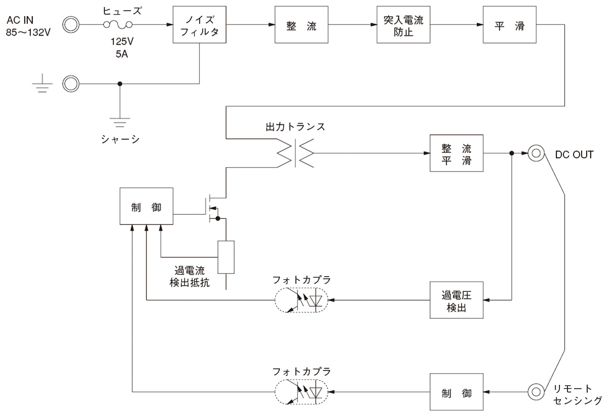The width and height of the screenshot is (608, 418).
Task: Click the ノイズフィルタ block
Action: [x=199, y=25]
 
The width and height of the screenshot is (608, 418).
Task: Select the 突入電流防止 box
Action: [x=403, y=25]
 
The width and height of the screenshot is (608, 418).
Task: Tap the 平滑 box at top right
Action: [x=508, y=25]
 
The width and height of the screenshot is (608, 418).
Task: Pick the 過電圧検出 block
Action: [x=456, y=299]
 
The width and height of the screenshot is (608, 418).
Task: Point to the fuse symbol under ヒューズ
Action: [x=118, y=24]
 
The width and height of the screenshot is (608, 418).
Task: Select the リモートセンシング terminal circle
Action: [x=536, y=392]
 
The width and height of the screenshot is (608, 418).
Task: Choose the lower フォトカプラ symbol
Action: [x=301, y=392]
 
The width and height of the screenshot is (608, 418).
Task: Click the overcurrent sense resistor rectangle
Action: [x=226, y=257]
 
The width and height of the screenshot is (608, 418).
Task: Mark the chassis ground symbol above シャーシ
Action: [x=119, y=122]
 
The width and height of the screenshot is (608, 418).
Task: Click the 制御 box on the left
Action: [x=146, y=206]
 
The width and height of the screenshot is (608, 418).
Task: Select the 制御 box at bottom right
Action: [x=456, y=392]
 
